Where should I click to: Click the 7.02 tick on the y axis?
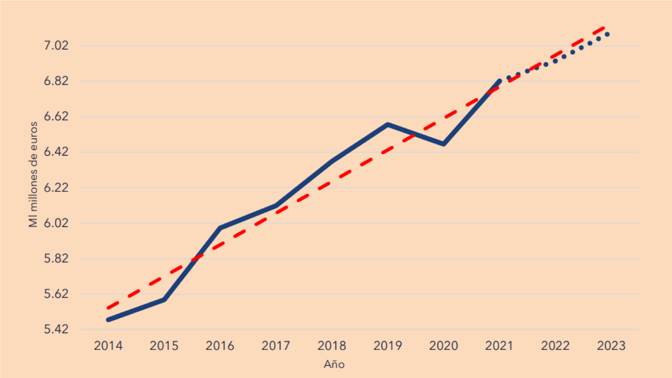[56, 45]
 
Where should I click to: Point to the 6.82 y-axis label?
[56, 81]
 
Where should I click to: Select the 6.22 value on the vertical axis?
[56, 187]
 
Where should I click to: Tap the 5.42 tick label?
[56, 329]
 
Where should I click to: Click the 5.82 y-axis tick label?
[56, 258]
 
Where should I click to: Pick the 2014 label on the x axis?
[108, 346]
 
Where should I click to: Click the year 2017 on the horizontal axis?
[276, 346]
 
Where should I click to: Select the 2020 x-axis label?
[444, 346]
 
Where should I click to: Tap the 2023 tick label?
[611, 346]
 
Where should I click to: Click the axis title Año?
[334, 364]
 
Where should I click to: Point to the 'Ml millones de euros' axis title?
[33, 174]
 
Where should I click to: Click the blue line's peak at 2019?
[388, 124]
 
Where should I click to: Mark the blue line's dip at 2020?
[444, 144]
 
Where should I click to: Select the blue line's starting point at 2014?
[108, 320]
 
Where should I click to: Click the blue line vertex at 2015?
[164, 299]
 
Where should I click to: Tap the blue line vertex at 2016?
[220, 228]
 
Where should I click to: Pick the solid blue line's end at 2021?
[499, 81]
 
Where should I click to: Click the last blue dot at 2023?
[607, 34]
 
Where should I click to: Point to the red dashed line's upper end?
[604, 28]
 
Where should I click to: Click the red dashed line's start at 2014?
[108, 308]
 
